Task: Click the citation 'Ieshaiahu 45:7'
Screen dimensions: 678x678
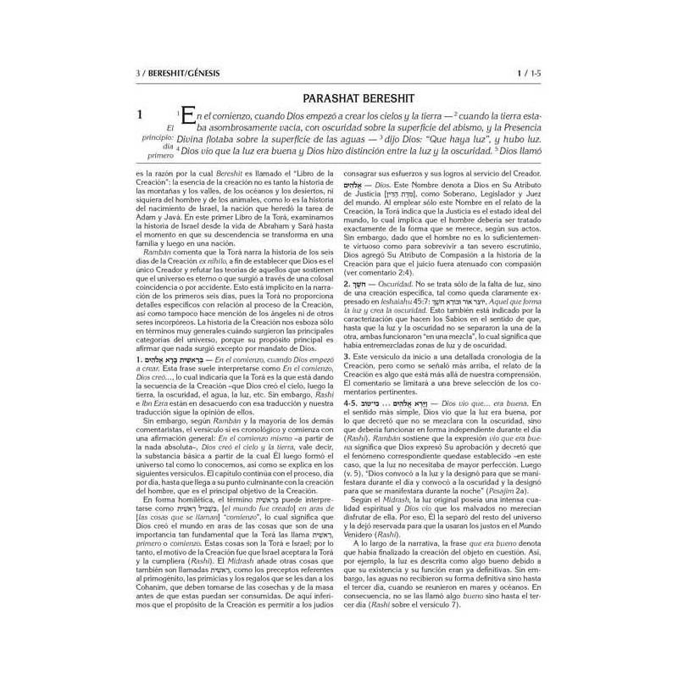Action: pyautogui.click(x=394, y=277)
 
